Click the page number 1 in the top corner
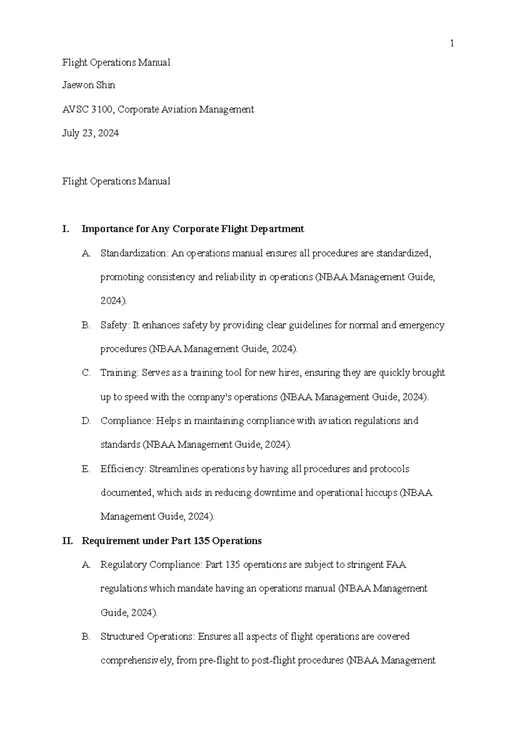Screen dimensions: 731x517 tap(452, 43)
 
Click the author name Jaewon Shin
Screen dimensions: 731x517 tap(88, 85)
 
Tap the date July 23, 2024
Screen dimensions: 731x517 tap(90, 133)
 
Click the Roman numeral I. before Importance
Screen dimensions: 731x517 tap(65, 229)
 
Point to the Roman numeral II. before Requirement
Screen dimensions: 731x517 tap(68, 541)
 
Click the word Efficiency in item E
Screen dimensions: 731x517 tap(123, 469)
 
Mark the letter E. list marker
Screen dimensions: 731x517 tap(85, 469)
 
